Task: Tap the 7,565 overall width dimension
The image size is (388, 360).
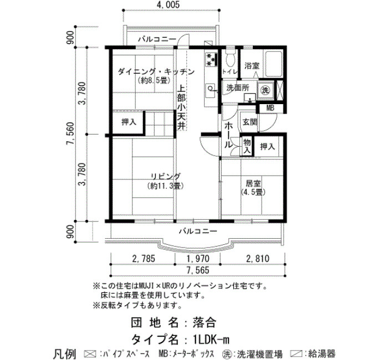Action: [x=198, y=270]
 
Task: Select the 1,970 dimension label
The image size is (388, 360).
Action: [x=198, y=259]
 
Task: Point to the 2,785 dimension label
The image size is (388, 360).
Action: [x=144, y=259]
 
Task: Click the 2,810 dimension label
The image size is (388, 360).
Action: [x=258, y=259]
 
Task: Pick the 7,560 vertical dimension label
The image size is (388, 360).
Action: [x=70, y=134]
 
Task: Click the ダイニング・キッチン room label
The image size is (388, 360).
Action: [x=156, y=72]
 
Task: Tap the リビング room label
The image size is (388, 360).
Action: [x=166, y=177]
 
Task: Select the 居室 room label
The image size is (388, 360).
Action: [x=253, y=184]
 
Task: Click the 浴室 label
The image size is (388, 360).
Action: [x=252, y=66]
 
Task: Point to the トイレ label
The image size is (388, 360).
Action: [x=230, y=71]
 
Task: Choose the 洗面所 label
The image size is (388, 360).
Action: [x=238, y=88]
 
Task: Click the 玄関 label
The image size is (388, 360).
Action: [x=250, y=122]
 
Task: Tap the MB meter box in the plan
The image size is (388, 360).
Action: [x=270, y=108]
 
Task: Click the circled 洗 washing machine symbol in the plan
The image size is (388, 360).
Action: [x=266, y=90]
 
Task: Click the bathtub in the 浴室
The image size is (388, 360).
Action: [x=274, y=64]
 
